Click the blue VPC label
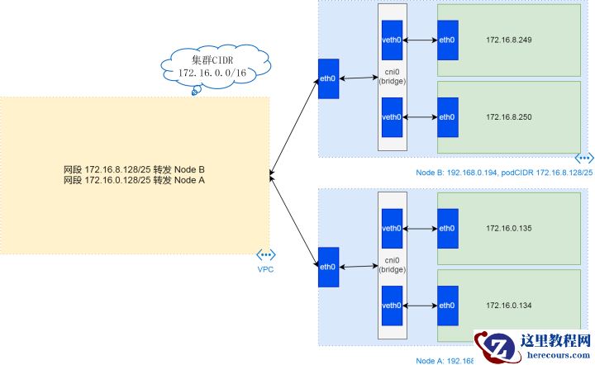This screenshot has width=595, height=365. [264, 269]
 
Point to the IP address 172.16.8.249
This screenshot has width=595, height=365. [509, 40]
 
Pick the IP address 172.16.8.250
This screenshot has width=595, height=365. [509, 116]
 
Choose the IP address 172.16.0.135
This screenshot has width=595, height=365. [509, 228]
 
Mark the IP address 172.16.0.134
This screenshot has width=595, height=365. [509, 305]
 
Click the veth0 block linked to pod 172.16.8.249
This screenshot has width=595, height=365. [392, 40]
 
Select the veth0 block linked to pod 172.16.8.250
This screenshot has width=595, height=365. [392, 116]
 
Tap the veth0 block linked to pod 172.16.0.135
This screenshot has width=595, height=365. [392, 227]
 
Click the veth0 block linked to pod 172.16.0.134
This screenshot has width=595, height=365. [392, 305]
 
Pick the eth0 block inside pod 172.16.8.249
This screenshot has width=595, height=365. [447, 40]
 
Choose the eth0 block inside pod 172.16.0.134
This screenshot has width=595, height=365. [447, 305]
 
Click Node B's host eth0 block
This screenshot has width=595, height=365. [328, 79]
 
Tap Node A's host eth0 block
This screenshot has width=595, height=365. [328, 267]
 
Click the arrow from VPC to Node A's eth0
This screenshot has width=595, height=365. [293, 219]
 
